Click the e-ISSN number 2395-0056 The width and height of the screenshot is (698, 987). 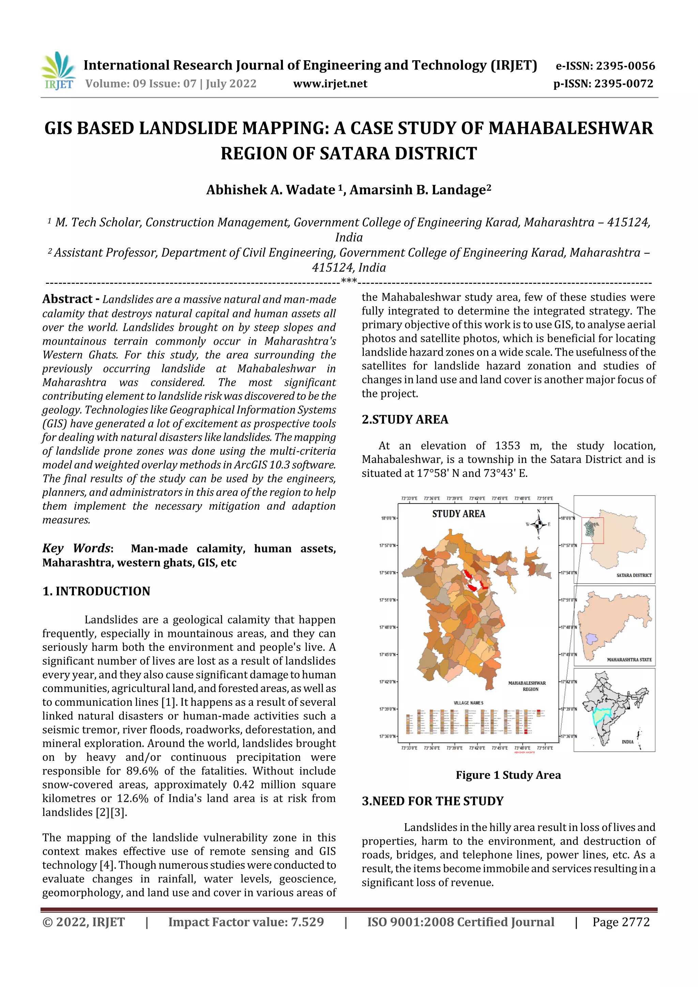pyautogui.click(x=625, y=66)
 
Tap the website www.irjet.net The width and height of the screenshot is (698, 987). pyautogui.click(x=330, y=83)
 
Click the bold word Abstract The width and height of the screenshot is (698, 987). pyautogui.click(x=67, y=299)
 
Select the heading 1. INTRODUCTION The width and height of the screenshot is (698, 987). pyautogui.click(x=96, y=591)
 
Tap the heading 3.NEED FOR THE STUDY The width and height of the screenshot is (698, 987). pyautogui.click(x=432, y=801)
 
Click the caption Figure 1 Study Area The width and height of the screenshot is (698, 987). pyautogui.click(x=508, y=775)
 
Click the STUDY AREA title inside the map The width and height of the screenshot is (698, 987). pyautogui.click(x=458, y=514)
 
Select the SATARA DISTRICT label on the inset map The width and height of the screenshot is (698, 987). pyautogui.click(x=634, y=575)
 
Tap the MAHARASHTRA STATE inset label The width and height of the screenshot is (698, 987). pyautogui.click(x=629, y=660)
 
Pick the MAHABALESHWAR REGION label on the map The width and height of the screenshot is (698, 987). pyautogui.click(x=527, y=686)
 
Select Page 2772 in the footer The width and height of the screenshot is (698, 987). pyautogui.click(x=621, y=922)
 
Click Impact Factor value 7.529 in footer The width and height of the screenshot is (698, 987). pyautogui.click(x=246, y=922)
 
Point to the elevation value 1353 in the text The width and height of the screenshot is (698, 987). pyautogui.click(x=507, y=445)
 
